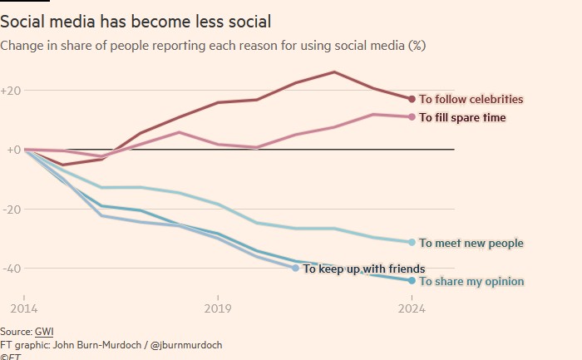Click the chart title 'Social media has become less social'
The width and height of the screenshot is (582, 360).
(x=135, y=21)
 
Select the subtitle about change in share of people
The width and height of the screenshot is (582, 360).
(x=214, y=45)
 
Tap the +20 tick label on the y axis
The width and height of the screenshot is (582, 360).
(x=12, y=90)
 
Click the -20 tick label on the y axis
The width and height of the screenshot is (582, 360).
(x=12, y=210)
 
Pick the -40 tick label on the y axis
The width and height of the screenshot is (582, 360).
(x=12, y=269)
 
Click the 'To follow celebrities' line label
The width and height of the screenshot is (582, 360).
(x=471, y=99)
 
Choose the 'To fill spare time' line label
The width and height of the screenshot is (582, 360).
(x=462, y=117)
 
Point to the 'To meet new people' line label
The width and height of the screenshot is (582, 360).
(x=471, y=243)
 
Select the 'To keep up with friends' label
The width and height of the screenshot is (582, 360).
(x=364, y=269)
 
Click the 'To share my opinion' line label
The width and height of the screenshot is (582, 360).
(x=471, y=281)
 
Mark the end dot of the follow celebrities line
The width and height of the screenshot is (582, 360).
(x=412, y=99)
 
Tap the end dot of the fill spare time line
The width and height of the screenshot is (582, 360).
(x=412, y=116)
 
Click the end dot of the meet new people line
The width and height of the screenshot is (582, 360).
(x=412, y=242)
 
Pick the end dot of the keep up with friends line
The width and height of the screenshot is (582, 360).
(x=295, y=268)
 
